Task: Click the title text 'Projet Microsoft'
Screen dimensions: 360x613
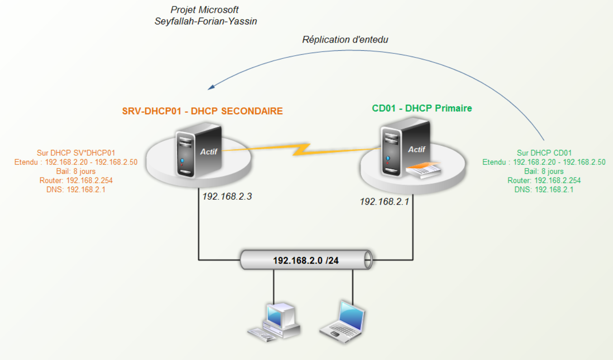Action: click(204, 10)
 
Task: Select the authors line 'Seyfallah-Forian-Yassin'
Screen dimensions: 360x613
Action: click(206, 21)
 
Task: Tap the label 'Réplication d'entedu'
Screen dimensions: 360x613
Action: click(345, 40)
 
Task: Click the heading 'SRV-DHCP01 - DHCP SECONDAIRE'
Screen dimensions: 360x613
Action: click(203, 111)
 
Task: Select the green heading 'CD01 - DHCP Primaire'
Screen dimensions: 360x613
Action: click(422, 108)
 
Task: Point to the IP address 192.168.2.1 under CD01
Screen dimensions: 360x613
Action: click(384, 202)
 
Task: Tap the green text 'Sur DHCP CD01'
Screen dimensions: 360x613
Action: click(544, 153)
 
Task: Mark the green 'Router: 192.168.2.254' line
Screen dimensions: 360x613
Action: click(544, 180)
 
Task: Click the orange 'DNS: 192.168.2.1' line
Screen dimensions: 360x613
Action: click(76, 190)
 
